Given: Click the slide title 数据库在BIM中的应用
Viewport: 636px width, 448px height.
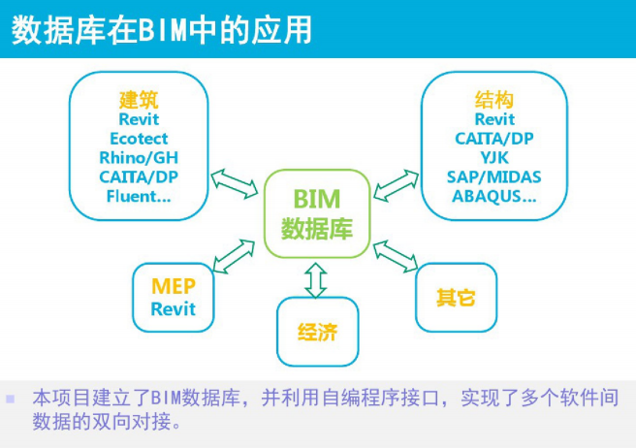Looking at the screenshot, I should click(x=162, y=30).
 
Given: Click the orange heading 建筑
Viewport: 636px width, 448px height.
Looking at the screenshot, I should click(x=139, y=99).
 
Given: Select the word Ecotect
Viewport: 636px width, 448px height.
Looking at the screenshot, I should click(x=139, y=138).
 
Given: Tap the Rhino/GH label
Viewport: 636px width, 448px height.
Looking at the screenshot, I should click(x=139, y=157).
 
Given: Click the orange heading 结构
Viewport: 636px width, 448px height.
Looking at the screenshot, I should click(x=494, y=99).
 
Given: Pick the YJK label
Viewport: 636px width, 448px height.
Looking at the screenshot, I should click(x=494, y=157).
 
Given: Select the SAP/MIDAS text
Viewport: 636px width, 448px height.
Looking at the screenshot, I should click(x=494, y=176).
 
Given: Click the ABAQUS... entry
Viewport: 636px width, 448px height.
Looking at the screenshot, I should click(x=494, y=196).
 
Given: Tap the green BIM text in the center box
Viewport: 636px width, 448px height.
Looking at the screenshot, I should click(x=317, y=200).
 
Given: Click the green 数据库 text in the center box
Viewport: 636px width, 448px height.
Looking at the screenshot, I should click(x=317, y=229).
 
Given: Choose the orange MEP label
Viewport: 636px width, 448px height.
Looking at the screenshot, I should click(x=173, y=287).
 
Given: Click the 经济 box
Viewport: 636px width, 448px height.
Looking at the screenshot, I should click(x=317, y=332).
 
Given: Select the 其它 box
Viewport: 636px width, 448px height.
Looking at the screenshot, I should click(x=456, y=297).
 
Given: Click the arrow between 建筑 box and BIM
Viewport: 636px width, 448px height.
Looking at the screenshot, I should click(x=233, y=180).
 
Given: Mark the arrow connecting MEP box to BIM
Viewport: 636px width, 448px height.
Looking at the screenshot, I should click(x=233, y=254).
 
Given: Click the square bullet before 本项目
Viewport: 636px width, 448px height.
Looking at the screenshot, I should click(x=12, y=399).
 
